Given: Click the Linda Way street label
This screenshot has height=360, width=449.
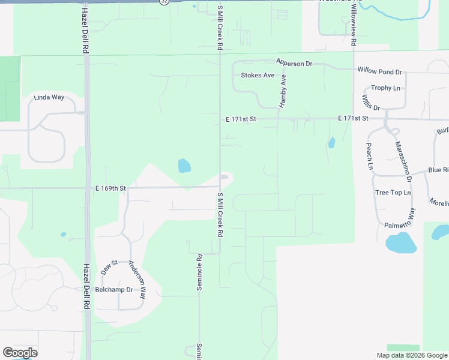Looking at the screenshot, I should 49,97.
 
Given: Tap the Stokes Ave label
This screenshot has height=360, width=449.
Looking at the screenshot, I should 258,76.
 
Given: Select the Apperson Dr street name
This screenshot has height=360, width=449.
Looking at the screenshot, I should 294,62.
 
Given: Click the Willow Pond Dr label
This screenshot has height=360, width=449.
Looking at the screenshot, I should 379,71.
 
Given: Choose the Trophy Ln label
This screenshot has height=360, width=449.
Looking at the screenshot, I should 385,88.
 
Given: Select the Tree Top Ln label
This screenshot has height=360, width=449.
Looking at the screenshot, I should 393,193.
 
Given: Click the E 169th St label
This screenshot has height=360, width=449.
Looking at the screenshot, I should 110,188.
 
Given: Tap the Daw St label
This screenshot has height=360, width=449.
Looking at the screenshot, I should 110,265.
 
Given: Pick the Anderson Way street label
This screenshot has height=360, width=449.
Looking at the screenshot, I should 137,280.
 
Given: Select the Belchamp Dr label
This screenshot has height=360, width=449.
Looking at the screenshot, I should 114,289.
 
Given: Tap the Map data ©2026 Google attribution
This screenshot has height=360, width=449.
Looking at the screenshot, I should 411,355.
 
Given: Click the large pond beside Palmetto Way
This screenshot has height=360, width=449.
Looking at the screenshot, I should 400,243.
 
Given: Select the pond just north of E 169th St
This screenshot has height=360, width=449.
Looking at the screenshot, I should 184,165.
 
